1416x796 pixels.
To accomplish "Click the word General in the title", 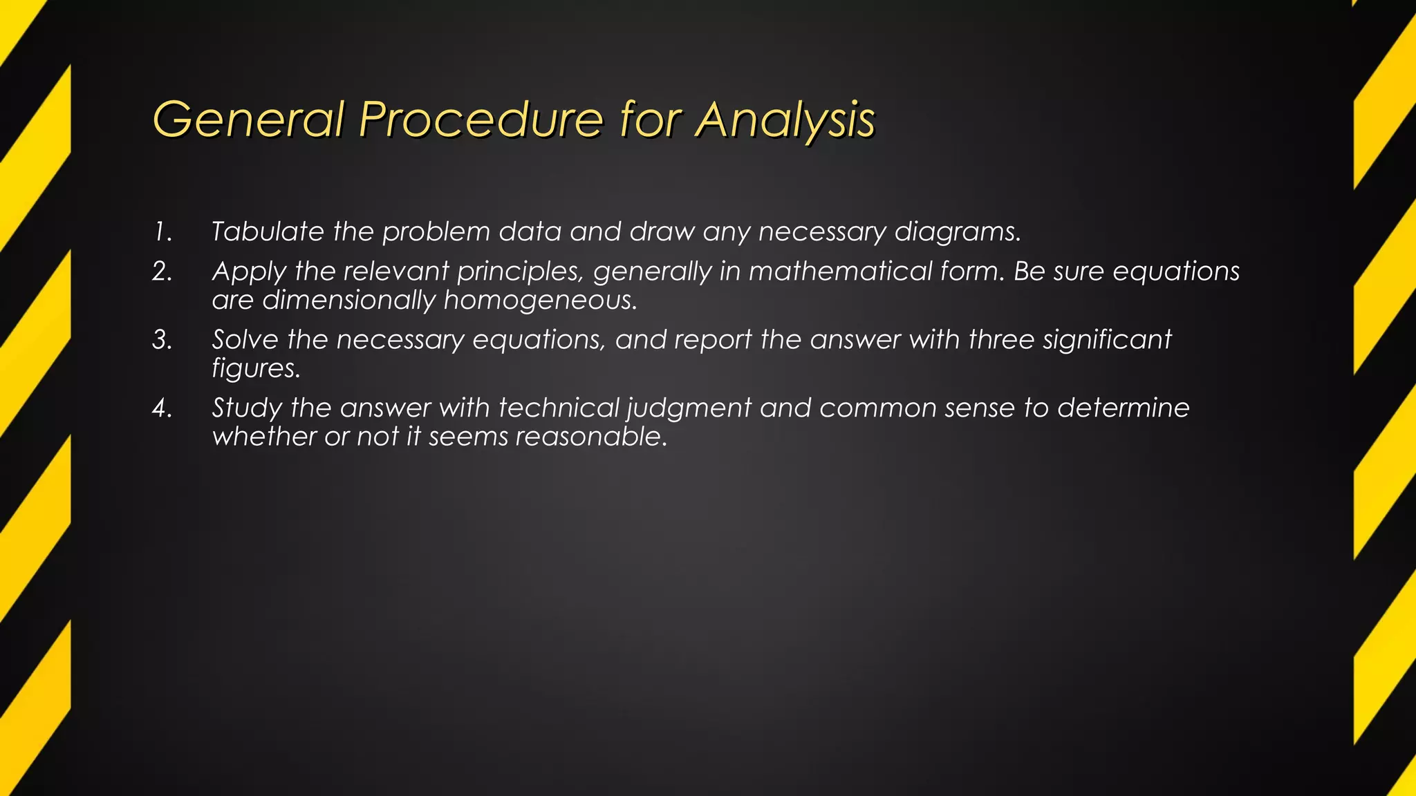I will coord(248,120).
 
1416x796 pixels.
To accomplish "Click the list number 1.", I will coord(162,232).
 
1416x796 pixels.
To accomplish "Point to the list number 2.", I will coord(162,272).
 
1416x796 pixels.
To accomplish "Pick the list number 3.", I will coord(162,340).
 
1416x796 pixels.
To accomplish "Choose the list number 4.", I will coord(162,408).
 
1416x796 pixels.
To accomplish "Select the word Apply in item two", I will coord(248,272).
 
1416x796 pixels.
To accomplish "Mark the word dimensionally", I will coord(348,301).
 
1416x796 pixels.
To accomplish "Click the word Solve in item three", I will coord(245,340).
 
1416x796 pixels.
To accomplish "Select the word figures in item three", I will coord(256,369).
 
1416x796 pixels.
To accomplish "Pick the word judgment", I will coord(689,408).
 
